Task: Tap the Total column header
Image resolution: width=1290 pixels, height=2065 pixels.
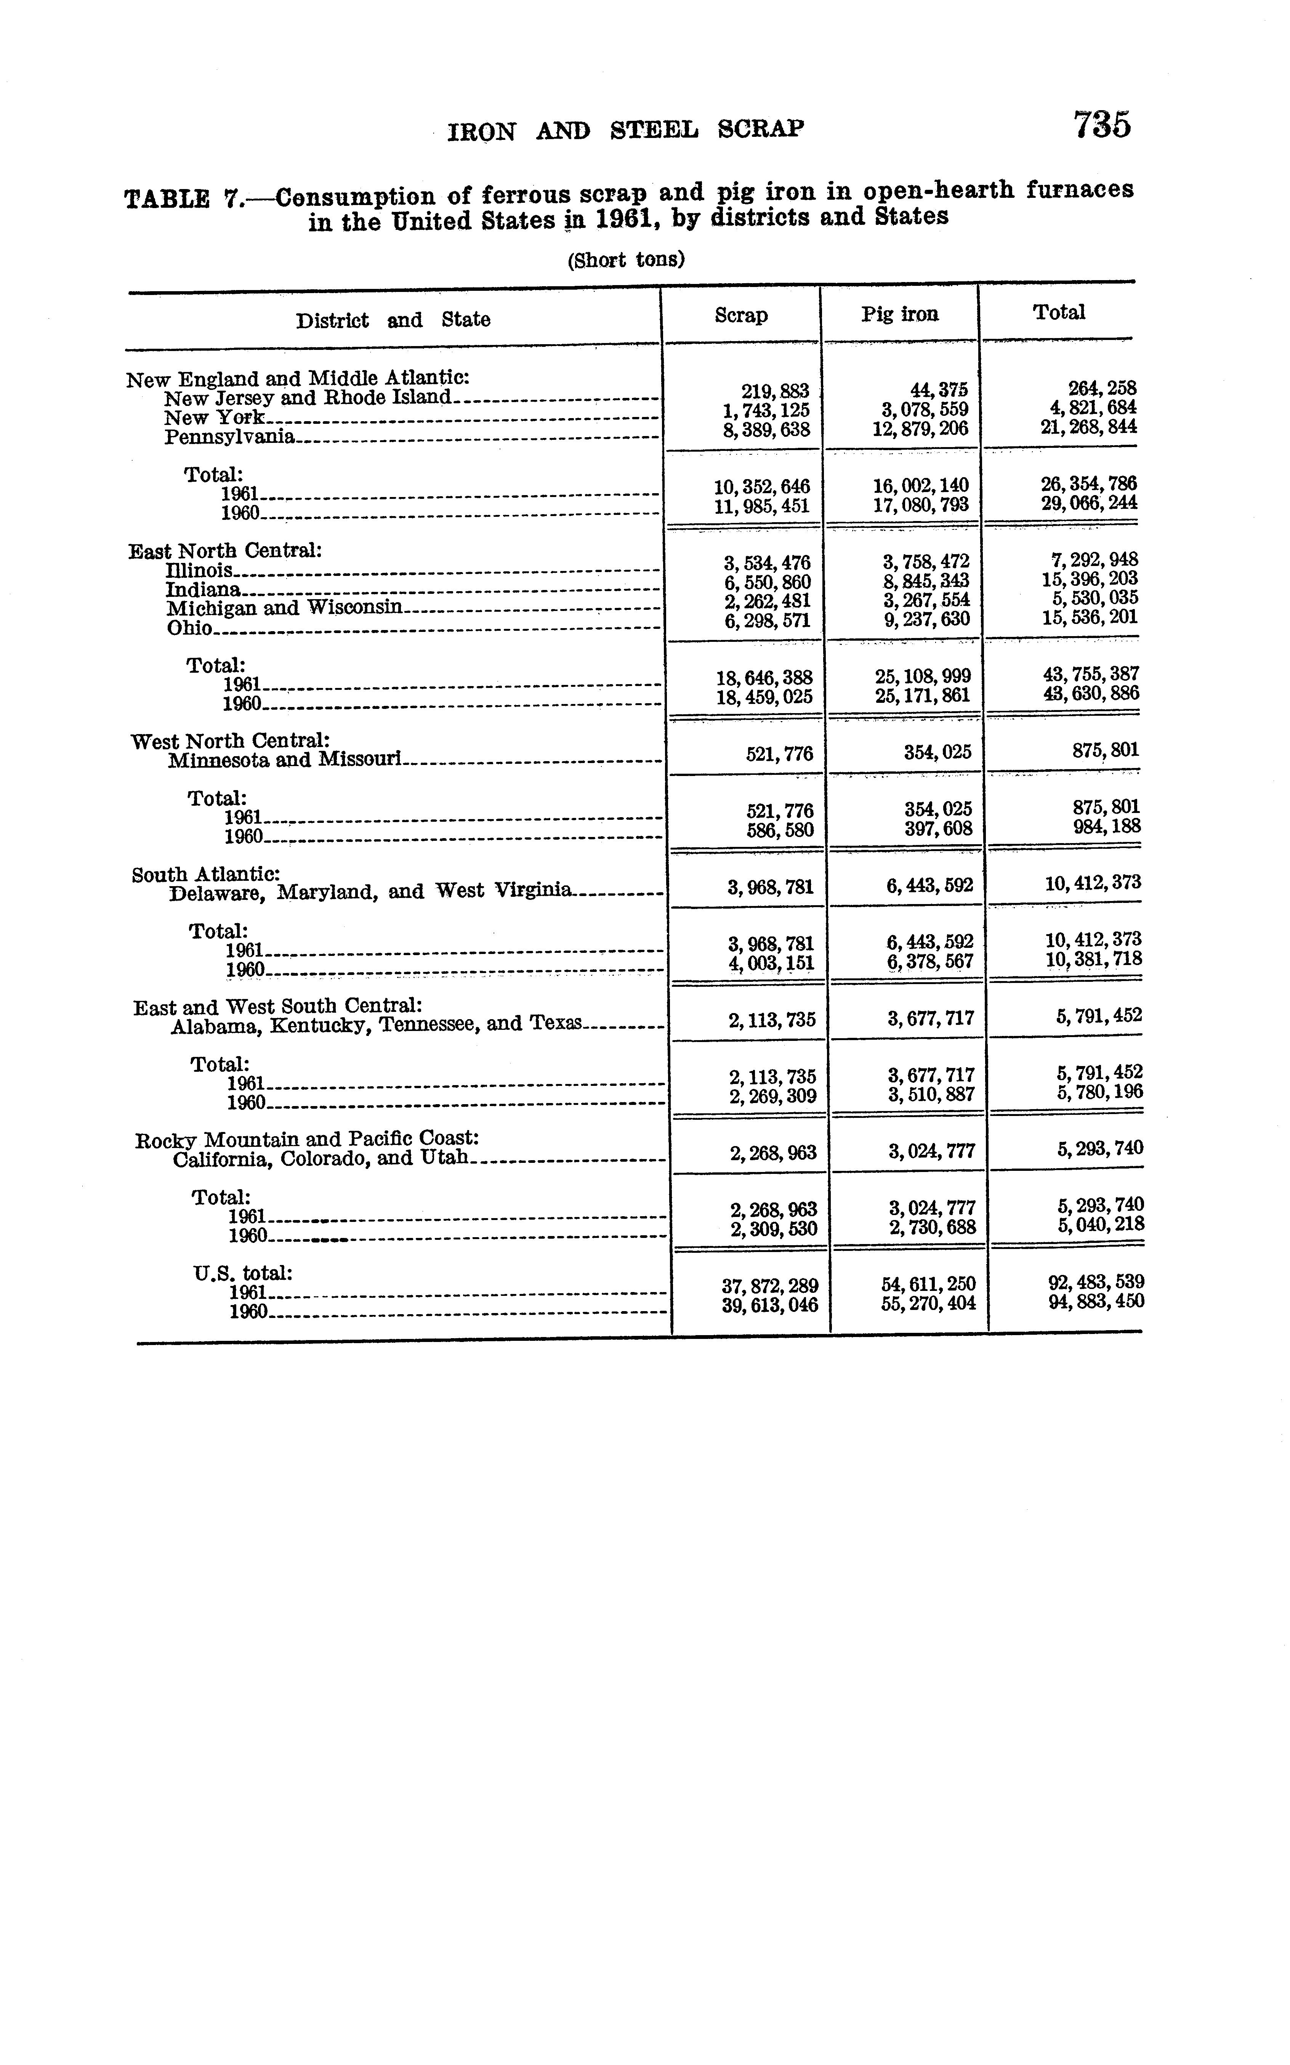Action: click(1059, 312)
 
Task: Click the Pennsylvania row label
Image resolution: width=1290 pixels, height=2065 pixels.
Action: click(229, 437)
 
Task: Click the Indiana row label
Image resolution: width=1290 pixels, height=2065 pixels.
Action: click(203, 590)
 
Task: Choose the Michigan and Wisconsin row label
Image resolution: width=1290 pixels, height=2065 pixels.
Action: click(283, 608)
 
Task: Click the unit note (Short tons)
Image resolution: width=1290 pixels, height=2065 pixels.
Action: click(625, 260)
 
